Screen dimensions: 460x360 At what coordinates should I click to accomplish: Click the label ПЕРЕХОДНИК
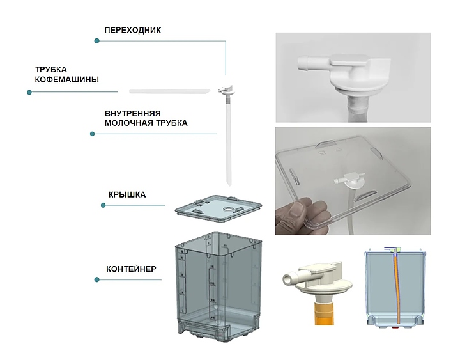133,30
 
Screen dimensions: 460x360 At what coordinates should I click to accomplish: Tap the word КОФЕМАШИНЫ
67,79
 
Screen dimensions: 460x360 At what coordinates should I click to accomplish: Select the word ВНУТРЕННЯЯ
133,114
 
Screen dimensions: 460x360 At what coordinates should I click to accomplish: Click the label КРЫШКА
127,194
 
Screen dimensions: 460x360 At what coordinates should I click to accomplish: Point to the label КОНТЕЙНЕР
131,269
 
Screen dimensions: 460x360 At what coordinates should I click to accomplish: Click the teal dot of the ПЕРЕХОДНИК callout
97,41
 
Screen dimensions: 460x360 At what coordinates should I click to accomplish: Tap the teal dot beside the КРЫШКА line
103,205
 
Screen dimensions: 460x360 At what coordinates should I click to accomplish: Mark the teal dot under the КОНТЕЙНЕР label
97,279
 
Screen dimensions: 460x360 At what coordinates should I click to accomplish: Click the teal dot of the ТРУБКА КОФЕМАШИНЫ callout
29,93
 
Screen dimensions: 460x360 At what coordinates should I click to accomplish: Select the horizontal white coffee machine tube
170,91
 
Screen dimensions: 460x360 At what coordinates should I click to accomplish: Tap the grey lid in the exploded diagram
218,208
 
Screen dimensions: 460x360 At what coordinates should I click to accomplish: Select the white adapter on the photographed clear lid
349,181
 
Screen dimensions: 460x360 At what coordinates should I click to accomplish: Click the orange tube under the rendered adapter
324,315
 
